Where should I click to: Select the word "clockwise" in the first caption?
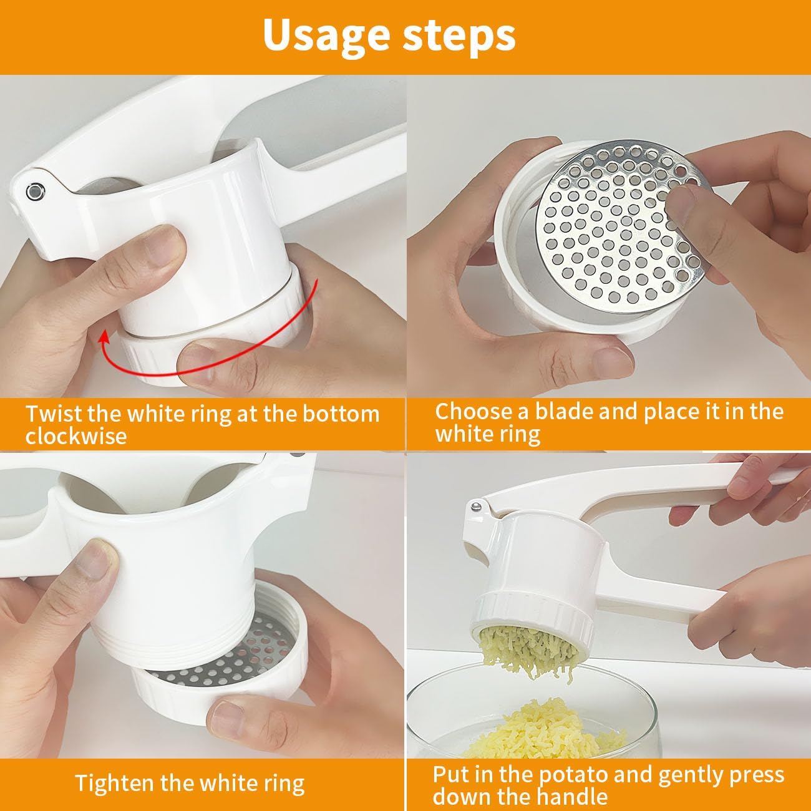[75, 435]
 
